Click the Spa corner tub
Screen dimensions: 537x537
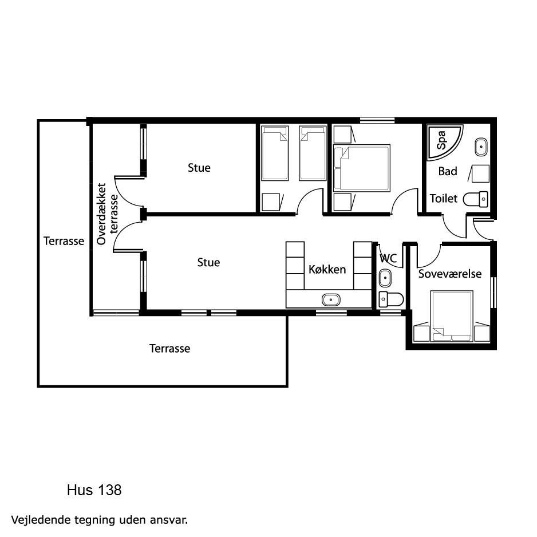[442, 140]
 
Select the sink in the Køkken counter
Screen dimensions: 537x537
[331, 300]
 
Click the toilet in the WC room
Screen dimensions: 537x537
[391, 299]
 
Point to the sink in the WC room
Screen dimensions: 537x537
[385, 278]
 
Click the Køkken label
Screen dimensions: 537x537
[327, 270]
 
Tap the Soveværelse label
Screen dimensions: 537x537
[449, 274]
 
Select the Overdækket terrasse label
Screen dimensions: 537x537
[107, 214]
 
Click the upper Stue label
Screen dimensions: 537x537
[199, 168]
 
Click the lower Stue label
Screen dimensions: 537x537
[208, 262]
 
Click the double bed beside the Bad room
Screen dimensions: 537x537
[362, 168]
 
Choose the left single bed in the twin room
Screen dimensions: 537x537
[275, 153]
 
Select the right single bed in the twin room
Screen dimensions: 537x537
[313, 153]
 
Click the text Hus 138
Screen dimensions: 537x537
[94, 490]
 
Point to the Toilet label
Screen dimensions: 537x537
[444, 199]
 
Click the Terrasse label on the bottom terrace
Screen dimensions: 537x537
[169, 349]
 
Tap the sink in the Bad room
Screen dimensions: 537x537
[481, 147]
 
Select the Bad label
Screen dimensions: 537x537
[448, 171]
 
